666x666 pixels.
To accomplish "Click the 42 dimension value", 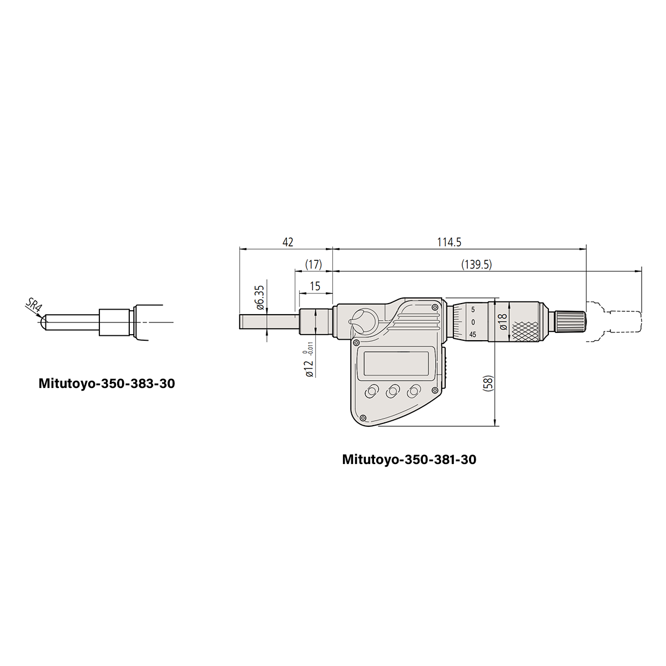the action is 287,243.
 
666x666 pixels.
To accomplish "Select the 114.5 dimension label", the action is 449,243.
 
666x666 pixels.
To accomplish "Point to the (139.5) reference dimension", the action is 476,265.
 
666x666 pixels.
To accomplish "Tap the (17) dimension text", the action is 314,265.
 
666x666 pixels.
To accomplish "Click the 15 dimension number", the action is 315,286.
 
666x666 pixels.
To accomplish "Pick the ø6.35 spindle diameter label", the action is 260,297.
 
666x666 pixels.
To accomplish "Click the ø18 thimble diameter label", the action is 503,321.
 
